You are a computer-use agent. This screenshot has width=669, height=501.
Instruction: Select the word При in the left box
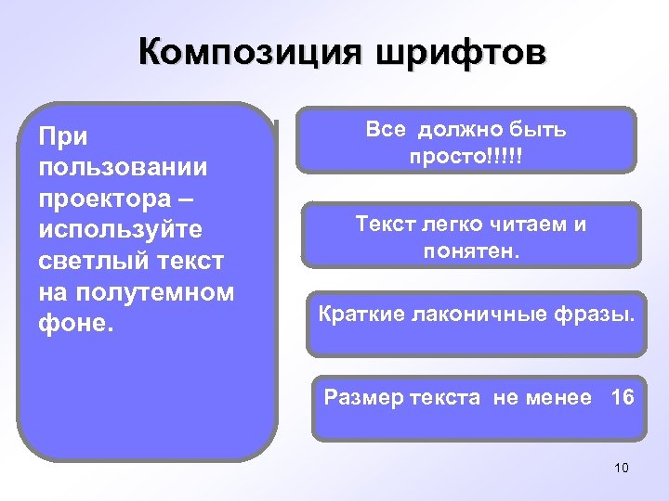click(x=63, y=136)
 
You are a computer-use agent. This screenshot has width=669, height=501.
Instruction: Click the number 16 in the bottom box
click(x=622, y=398)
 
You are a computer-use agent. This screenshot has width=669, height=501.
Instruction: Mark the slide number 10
click(x=622, y=468)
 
